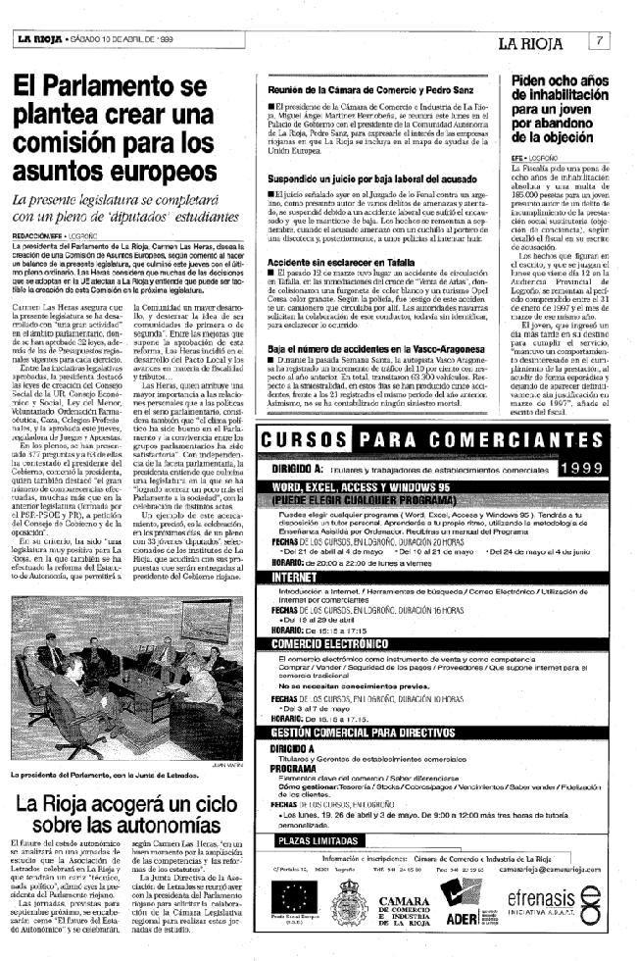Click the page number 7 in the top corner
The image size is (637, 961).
click(597, 41)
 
